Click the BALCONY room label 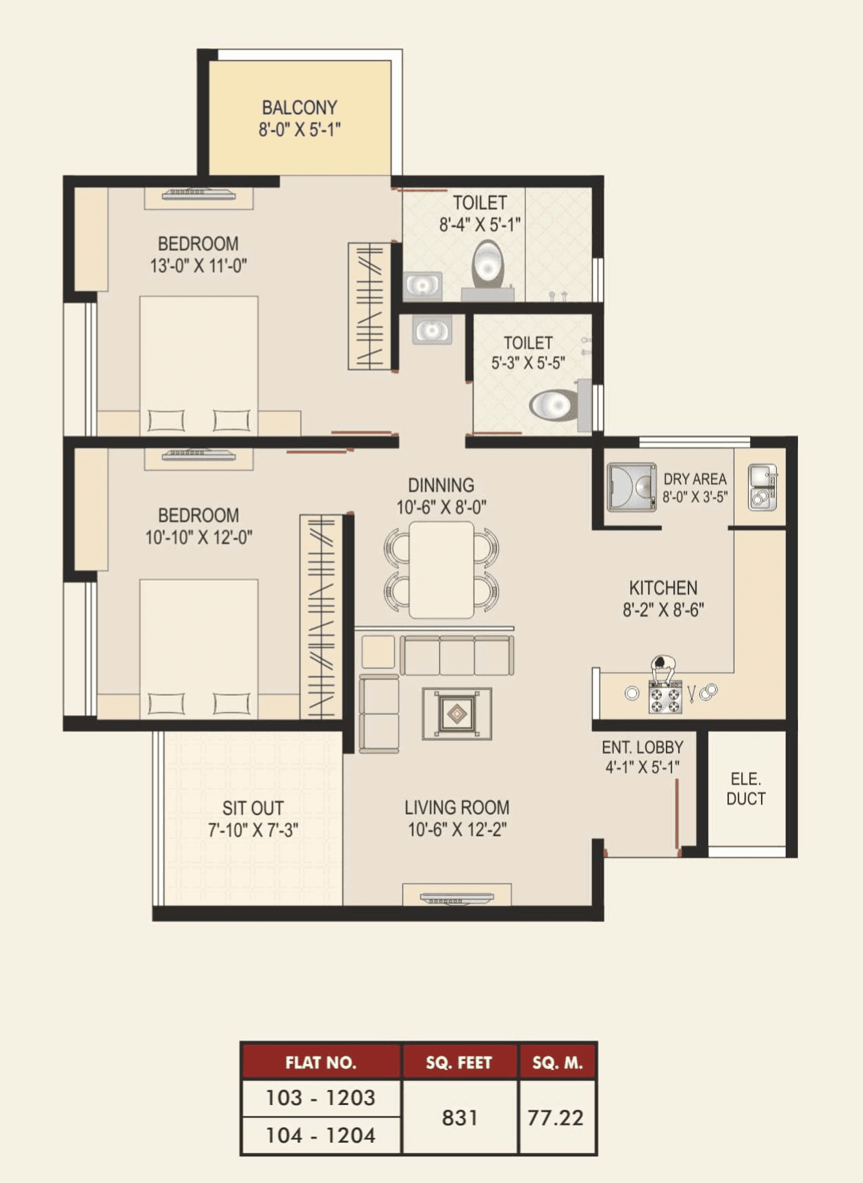(299, 107)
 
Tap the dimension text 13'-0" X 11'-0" (198, 265)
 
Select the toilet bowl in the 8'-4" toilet (487, 264)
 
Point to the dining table (441, 569)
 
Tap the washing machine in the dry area (631, 487)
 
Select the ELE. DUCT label (745, 788)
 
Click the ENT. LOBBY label (642, 747)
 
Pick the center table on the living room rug (456, 714)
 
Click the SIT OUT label (253, 808)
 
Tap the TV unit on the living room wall (456, 898)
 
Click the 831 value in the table (459, 1117)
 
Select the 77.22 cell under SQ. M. (556, 1117)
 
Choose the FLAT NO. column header (320, 1062)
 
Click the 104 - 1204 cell (320, 1136)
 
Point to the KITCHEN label (663, 588)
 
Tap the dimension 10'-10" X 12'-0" (198, 537)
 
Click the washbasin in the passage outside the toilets (432, 330)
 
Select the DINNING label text (441, 485)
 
